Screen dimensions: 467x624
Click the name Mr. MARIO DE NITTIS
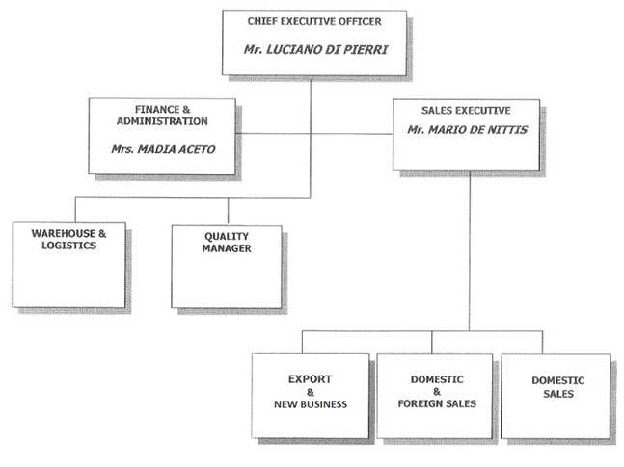pos(467,128)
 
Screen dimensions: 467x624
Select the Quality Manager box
pos(227,267)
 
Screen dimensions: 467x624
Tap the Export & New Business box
pos(311,394)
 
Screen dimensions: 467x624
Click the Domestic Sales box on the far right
pos(556,394)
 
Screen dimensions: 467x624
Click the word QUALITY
pos(227,236)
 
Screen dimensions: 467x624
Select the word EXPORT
pos(311,378)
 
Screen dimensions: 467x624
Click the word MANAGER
pos(227,248)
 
